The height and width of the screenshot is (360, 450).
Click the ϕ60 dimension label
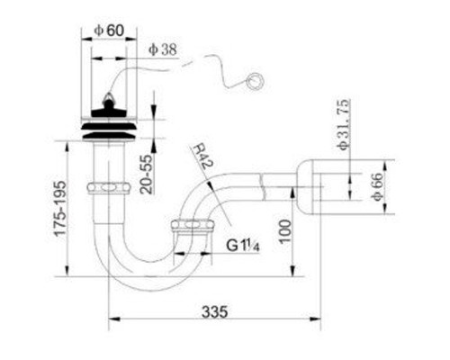109,31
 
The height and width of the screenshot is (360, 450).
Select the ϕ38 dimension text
163,49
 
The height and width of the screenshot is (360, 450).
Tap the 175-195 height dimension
59,208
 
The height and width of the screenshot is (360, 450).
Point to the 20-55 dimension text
147,175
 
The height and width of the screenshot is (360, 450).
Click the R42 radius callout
202,157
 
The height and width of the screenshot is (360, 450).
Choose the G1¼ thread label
243,246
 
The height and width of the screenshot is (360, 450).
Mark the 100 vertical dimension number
285,231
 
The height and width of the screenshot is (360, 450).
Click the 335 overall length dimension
215,311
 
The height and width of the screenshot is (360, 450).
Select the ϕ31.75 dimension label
343,124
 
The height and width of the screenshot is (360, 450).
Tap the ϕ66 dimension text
377,186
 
